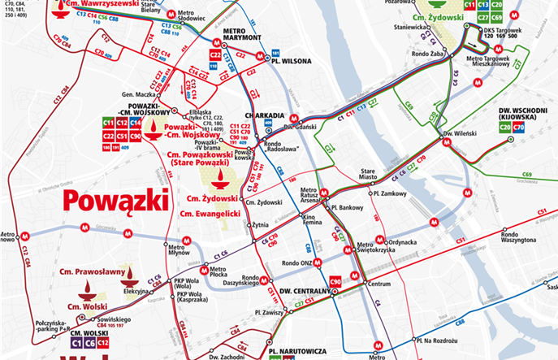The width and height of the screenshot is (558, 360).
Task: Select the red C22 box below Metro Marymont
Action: (215, 55)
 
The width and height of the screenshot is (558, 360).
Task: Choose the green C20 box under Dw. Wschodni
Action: (504, 127)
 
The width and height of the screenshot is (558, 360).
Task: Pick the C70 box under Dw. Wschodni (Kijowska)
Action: (518, 127)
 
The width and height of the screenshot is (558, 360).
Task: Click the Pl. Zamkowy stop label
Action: (388, 193)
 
